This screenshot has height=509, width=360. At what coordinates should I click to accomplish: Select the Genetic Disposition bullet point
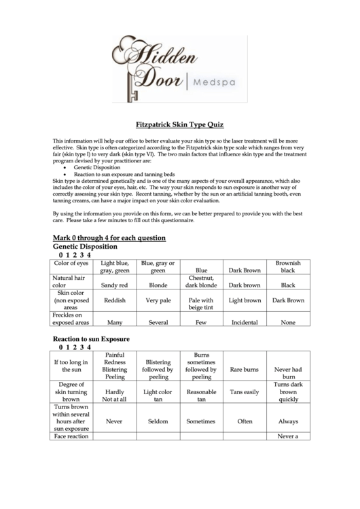click(x=97, y=166)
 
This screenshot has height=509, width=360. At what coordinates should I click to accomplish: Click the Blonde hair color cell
click(x=158, y=285)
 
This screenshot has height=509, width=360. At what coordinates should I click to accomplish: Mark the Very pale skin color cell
click(x=158, y=300)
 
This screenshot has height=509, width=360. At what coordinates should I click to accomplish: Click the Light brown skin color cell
click(x=245, y=300)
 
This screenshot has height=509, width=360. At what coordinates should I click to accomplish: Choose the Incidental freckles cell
click(x=245, y=323)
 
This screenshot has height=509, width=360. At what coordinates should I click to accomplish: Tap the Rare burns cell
click(x=245, y=370)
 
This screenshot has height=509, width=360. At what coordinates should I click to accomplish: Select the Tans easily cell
click(x=245, y=392)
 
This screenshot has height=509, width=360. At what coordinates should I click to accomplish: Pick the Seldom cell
click(x=158, y=421)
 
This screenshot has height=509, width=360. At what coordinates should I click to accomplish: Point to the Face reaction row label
click(x=71, y=436)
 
